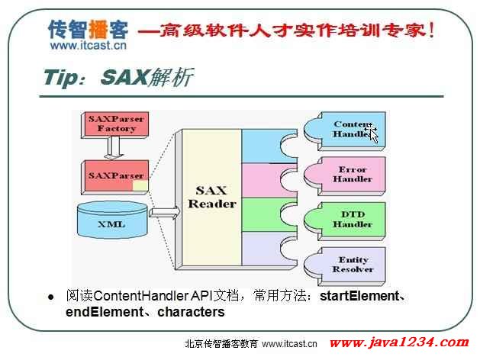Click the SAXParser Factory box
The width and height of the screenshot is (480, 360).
[114, 125]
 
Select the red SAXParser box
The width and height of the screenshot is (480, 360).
[114, 178]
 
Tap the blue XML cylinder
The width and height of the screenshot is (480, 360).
[112, 220]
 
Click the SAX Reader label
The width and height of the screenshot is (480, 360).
[212, 198]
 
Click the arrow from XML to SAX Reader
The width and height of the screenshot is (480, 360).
[165, 212]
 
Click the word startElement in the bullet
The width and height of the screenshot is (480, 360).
[359, 296]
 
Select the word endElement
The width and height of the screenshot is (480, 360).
[105, 312]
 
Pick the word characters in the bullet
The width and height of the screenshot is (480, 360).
[191, 312]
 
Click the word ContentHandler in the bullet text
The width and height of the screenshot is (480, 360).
[141, 296]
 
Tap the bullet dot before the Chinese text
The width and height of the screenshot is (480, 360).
[51, 297]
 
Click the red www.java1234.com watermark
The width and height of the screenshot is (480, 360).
[399, 342]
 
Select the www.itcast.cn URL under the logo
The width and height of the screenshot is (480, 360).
[89, 46]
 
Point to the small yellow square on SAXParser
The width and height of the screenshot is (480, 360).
[140, 185]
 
